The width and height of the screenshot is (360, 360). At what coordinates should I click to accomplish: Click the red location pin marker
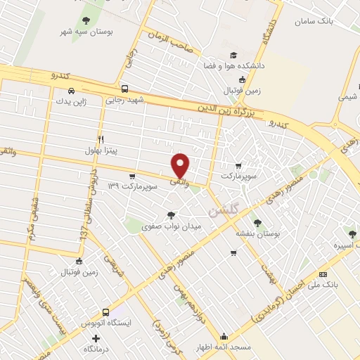pos(181,165)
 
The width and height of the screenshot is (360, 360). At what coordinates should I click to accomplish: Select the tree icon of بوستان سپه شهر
pos(86,20)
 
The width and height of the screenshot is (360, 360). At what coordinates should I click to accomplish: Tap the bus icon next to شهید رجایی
pos(124,89)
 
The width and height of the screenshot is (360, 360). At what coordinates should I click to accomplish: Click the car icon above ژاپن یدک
pos(71,91)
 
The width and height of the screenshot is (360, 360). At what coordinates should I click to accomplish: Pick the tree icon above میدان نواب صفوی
pos(171,215)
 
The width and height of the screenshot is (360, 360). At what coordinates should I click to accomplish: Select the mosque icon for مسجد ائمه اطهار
pos(224,336)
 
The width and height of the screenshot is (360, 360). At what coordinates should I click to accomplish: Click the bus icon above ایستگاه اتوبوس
pos(105,312)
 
